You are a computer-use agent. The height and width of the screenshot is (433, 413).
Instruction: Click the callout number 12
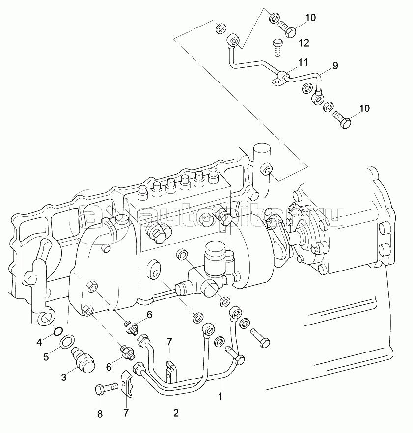303,43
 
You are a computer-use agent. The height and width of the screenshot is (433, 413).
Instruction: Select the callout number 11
303,62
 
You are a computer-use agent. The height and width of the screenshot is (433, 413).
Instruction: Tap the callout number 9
335,66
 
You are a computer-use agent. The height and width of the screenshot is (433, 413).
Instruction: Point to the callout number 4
39,343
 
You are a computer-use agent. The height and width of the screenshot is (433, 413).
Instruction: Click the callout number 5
46,357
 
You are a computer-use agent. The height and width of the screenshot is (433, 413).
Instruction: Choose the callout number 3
64,377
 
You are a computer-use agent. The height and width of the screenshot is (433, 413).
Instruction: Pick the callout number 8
100,414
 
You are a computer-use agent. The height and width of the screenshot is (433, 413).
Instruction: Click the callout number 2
176,413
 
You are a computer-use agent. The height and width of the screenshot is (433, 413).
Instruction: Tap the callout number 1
220,396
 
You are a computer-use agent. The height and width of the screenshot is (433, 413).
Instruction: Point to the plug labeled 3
83,358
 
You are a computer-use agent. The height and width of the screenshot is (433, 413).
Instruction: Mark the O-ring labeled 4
58,331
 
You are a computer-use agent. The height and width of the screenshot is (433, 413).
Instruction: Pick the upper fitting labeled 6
131,327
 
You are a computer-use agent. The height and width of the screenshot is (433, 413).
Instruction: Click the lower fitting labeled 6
128,352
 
